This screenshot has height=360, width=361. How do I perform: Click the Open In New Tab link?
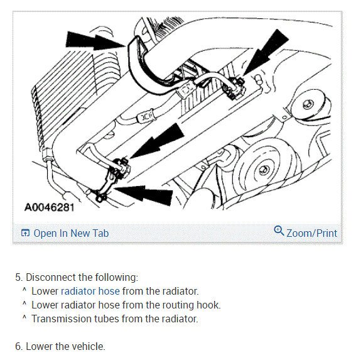[x=71, y=233]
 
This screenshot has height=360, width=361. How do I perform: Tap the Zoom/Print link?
[x=312, y=233]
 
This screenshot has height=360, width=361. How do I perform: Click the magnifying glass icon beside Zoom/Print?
[x=279, y=231]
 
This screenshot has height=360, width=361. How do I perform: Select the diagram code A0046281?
[x=49, y=207]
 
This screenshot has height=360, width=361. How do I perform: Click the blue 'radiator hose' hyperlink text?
[x=90, y=291]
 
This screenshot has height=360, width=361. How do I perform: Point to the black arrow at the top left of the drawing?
[x=95, y=41]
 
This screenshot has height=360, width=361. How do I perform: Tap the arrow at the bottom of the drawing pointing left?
[x=144, y=194]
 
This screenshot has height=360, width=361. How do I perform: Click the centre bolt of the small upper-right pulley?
[x=308, y=104]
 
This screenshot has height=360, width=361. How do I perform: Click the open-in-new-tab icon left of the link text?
[x=25, y=233]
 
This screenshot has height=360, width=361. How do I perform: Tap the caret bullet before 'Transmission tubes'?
[x=24, y=317]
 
